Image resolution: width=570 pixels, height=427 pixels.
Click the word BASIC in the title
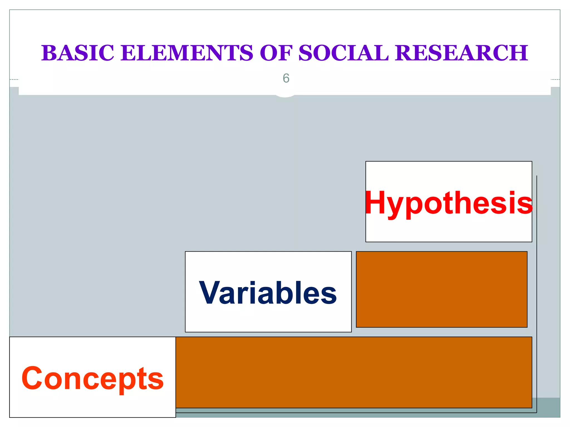78,53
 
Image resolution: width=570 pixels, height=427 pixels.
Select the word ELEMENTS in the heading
187,53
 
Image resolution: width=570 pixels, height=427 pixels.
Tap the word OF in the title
276,53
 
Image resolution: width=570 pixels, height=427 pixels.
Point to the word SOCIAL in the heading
343,53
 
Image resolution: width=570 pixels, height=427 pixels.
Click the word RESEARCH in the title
461,53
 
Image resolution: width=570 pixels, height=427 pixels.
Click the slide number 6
286,78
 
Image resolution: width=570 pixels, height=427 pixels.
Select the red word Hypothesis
449,203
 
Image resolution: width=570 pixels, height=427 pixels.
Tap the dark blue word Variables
268,293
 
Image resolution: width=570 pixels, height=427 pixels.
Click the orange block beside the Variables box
441,289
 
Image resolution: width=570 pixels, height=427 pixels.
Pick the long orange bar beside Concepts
353,372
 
